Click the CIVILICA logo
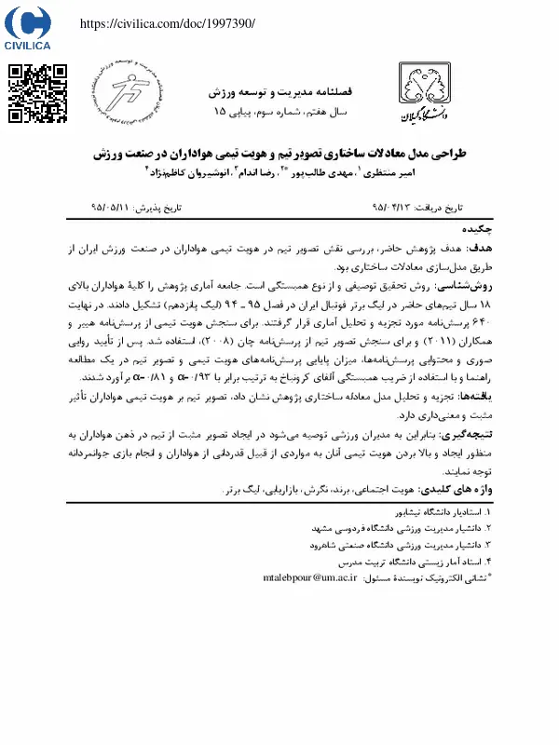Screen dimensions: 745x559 [27, 29]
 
